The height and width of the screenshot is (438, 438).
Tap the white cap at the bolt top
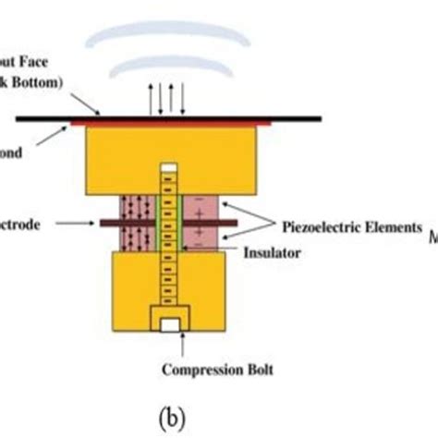click(x=167, y=168)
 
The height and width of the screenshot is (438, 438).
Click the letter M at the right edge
click(x=432, y=238)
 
